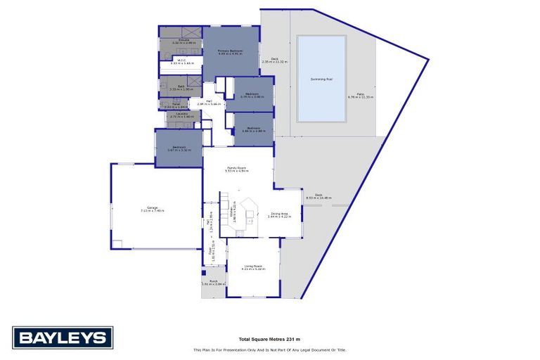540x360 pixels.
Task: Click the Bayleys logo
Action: coord(63,337)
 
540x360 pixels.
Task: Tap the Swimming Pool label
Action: coord(321,79)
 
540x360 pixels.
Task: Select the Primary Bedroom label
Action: coord(231,52)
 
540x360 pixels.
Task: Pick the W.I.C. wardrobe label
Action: coord(181,61)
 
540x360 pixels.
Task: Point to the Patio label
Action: coord(360,96)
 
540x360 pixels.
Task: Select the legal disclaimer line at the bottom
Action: coord(269,349)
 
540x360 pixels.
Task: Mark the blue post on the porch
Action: coord(203,272)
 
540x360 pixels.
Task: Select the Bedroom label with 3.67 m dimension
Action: coord(178,149)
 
